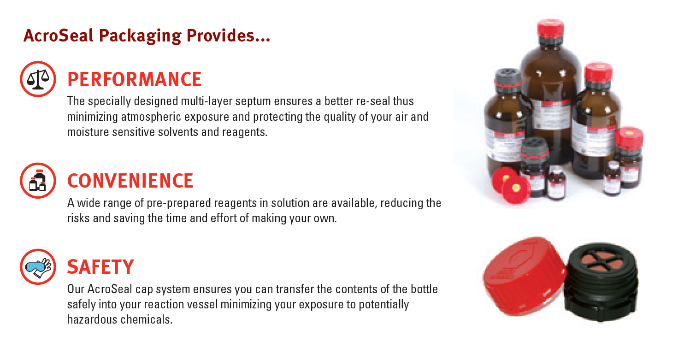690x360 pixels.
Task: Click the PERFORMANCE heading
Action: [x=134, y=79]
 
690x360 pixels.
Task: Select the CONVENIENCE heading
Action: [x=130, y=181]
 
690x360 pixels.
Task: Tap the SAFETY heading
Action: [x=100, y=267]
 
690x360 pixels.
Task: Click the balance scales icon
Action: [x=38, y=79]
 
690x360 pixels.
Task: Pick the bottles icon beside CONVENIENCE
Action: [x=38, y=181]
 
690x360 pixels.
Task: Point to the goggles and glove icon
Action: [x=38, y=267]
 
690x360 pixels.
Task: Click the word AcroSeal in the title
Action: [x=58, y=35]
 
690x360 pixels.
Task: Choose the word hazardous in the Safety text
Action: [x=92, y=319]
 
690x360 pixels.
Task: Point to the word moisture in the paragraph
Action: [x=88, y=132]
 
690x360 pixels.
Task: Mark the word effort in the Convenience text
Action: [x=224, y=218]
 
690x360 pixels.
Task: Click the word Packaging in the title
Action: [x=140, y=36]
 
